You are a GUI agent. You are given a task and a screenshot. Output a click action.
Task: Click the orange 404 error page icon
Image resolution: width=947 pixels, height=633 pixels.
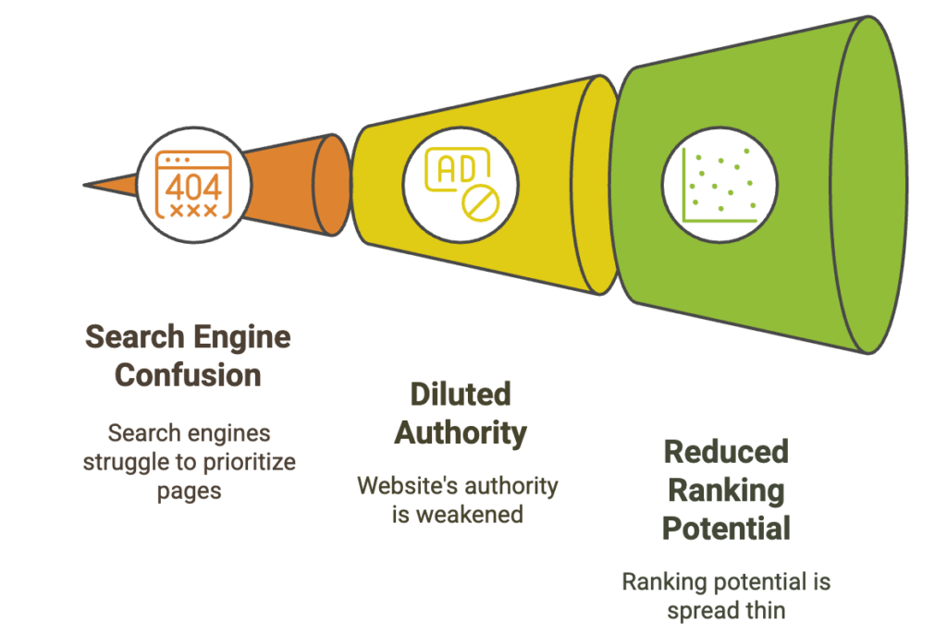(x=193, y=184)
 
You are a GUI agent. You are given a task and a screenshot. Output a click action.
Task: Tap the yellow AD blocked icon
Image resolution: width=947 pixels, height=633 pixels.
(x=462, y=184)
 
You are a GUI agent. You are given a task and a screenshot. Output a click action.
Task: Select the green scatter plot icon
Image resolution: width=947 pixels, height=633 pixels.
(x=719, y=185)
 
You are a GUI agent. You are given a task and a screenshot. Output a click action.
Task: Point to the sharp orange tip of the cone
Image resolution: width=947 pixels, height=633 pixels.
(x=84, y=185)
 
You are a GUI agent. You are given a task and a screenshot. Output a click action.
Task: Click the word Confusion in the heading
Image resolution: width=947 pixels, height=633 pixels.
(x=188, y=375)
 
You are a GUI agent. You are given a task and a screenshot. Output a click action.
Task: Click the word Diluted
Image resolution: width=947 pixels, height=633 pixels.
(x=461, y=394)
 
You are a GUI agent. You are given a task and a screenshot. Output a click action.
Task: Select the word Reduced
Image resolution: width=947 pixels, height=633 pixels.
(x=726, y=451)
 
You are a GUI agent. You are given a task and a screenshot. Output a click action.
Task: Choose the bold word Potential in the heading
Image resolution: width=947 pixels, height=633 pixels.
(x=726, y=529)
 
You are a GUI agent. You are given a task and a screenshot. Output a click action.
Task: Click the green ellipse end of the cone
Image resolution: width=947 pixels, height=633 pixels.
(x=868, y=185)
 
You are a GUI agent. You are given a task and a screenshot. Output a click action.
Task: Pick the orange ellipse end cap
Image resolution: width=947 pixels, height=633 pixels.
(x=332, y=185)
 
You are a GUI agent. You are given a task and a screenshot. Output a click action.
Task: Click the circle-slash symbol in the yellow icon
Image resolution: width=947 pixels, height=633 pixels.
(x=481, y=202)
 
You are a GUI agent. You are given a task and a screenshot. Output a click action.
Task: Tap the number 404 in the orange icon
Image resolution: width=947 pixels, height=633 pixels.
(x=193, y=187)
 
